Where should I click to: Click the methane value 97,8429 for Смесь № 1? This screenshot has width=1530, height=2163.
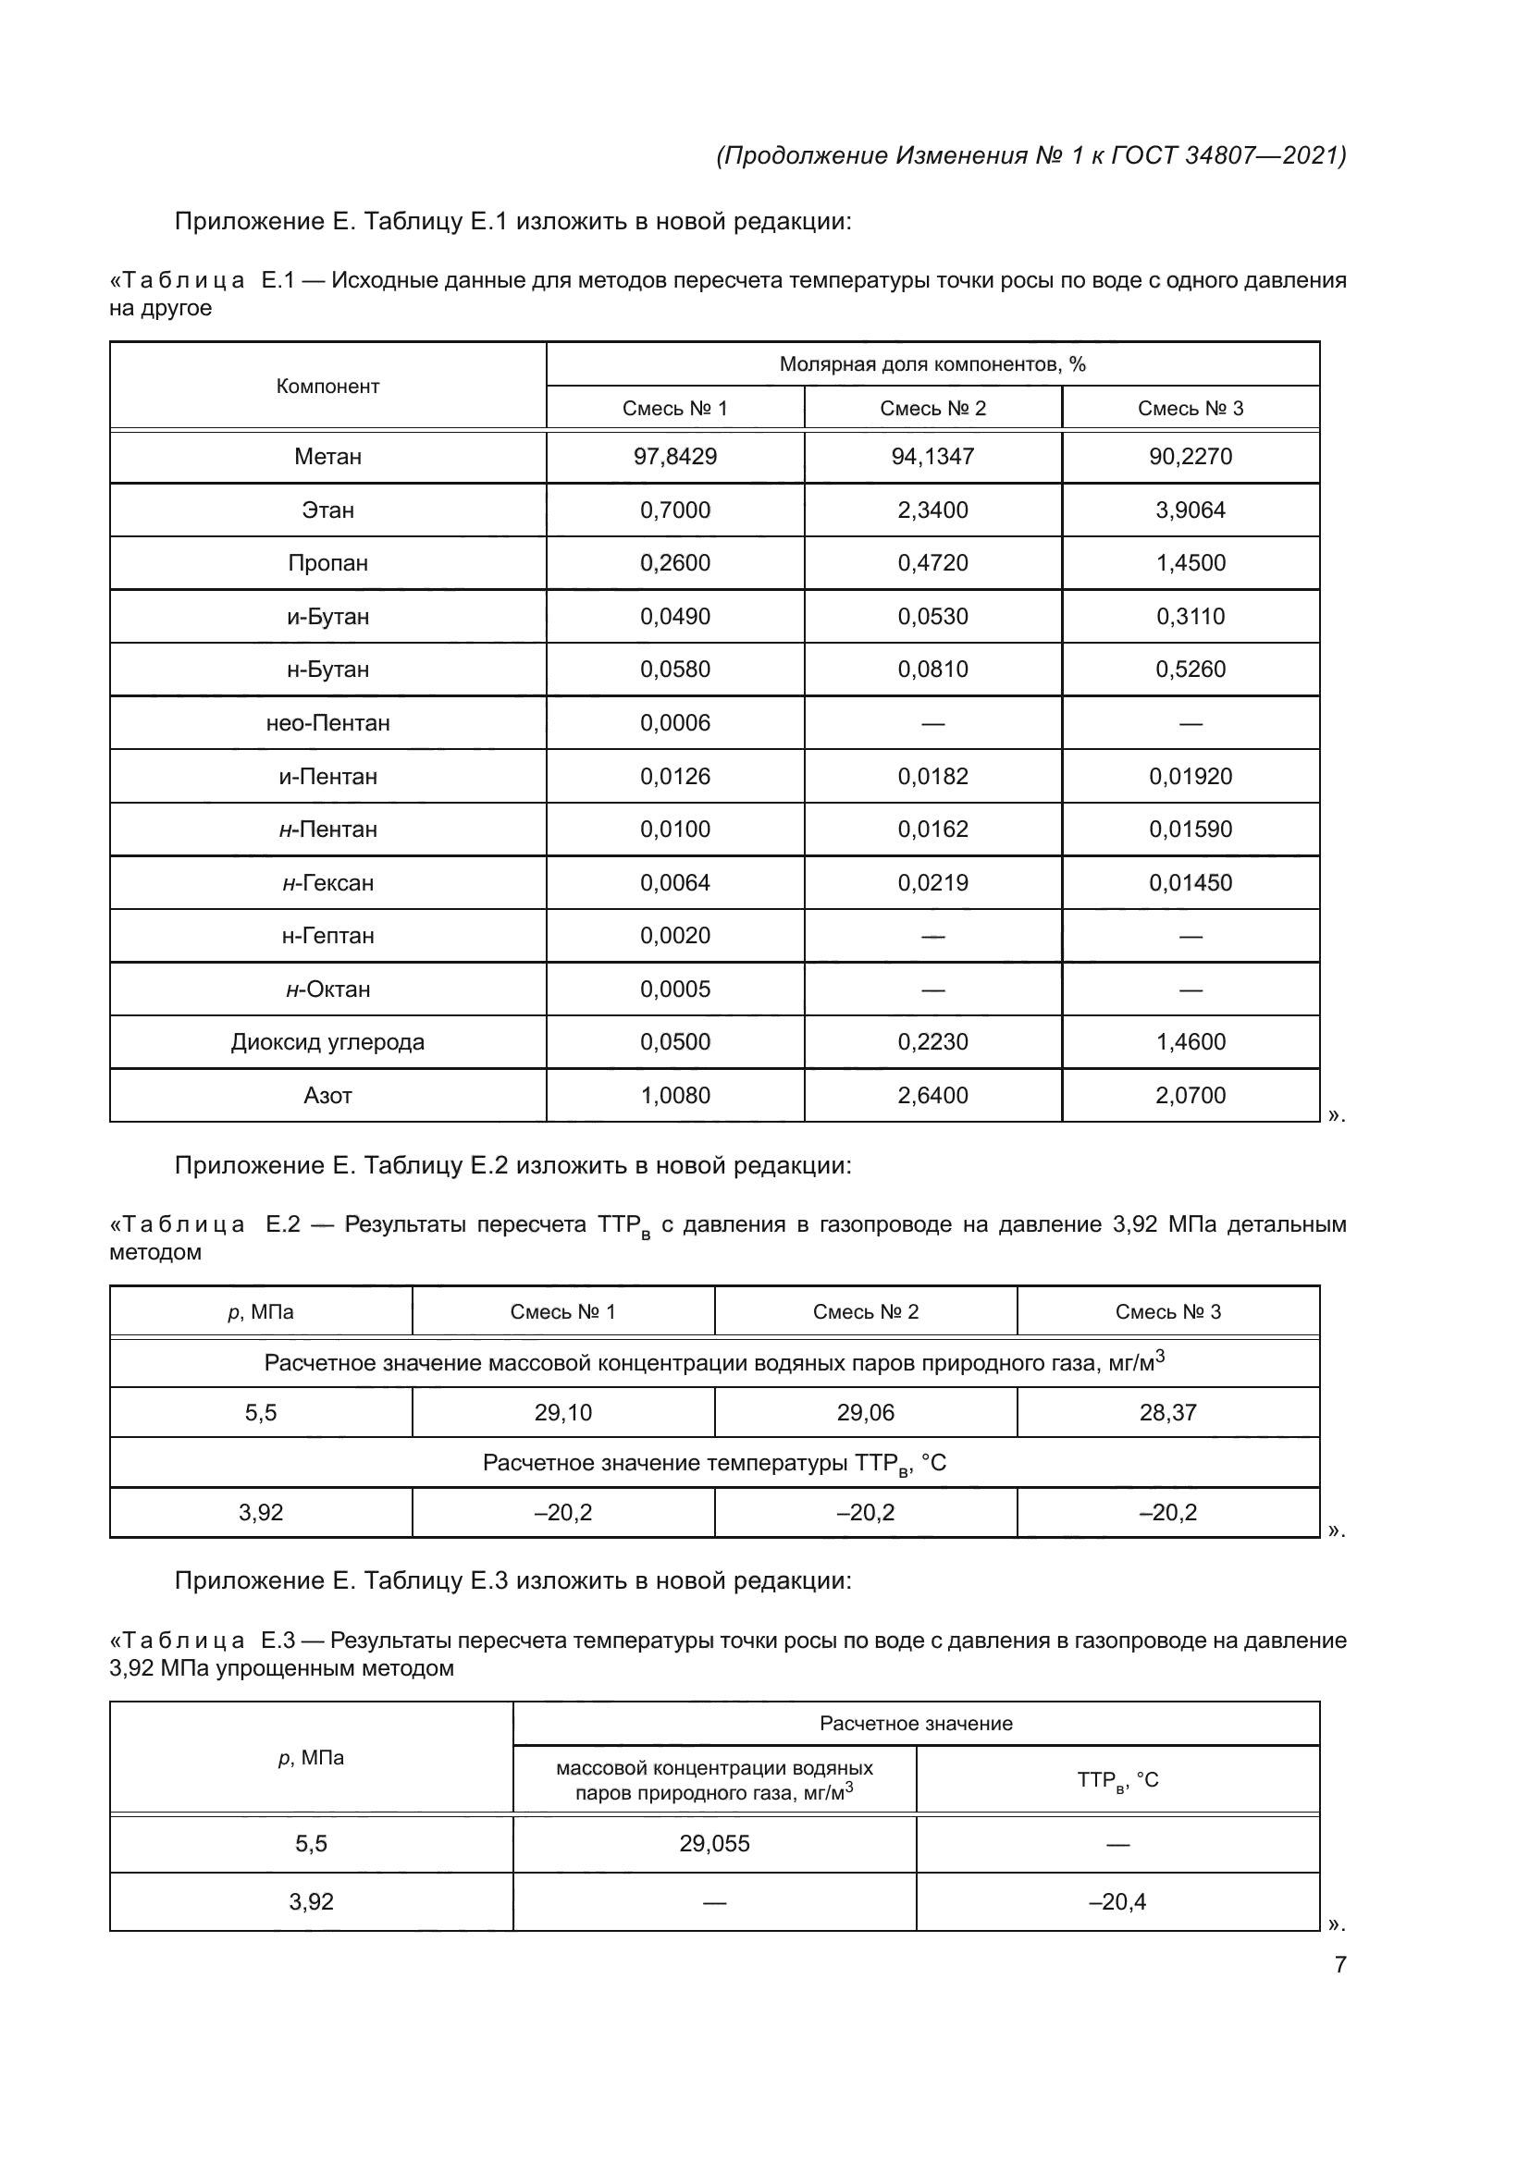(x=674, y=457)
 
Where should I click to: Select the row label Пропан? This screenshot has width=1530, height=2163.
(x=327, y=563)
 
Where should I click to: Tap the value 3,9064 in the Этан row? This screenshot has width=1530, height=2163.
(x=1190, y=510)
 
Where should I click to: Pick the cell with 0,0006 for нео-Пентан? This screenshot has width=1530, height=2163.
(x=674, y=723)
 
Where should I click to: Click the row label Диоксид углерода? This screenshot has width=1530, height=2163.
(x=327, y=1043)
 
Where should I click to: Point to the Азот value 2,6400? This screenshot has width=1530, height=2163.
(x=932, y=1096)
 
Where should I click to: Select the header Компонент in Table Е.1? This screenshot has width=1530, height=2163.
(x=327, y=387)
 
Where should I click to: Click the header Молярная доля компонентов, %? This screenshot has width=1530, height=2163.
(x=932, y=364)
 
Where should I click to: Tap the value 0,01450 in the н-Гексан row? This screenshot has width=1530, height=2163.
(x=1190, y=884)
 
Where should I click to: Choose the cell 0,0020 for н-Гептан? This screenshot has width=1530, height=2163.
(x=674, y=937)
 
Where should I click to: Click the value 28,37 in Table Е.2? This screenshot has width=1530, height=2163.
(x=1167, y=1413)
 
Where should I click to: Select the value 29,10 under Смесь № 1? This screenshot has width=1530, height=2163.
(x=562, y=1413)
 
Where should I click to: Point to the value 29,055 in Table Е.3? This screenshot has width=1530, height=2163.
(x=714, y=1844)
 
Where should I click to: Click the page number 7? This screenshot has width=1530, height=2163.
(x=1339, y=1965)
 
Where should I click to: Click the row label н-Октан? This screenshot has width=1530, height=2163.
(x=327, y=990)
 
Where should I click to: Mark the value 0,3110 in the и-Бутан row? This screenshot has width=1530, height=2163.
(x=1190, y=617)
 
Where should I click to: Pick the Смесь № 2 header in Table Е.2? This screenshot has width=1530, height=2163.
(x=865, y=1312)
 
